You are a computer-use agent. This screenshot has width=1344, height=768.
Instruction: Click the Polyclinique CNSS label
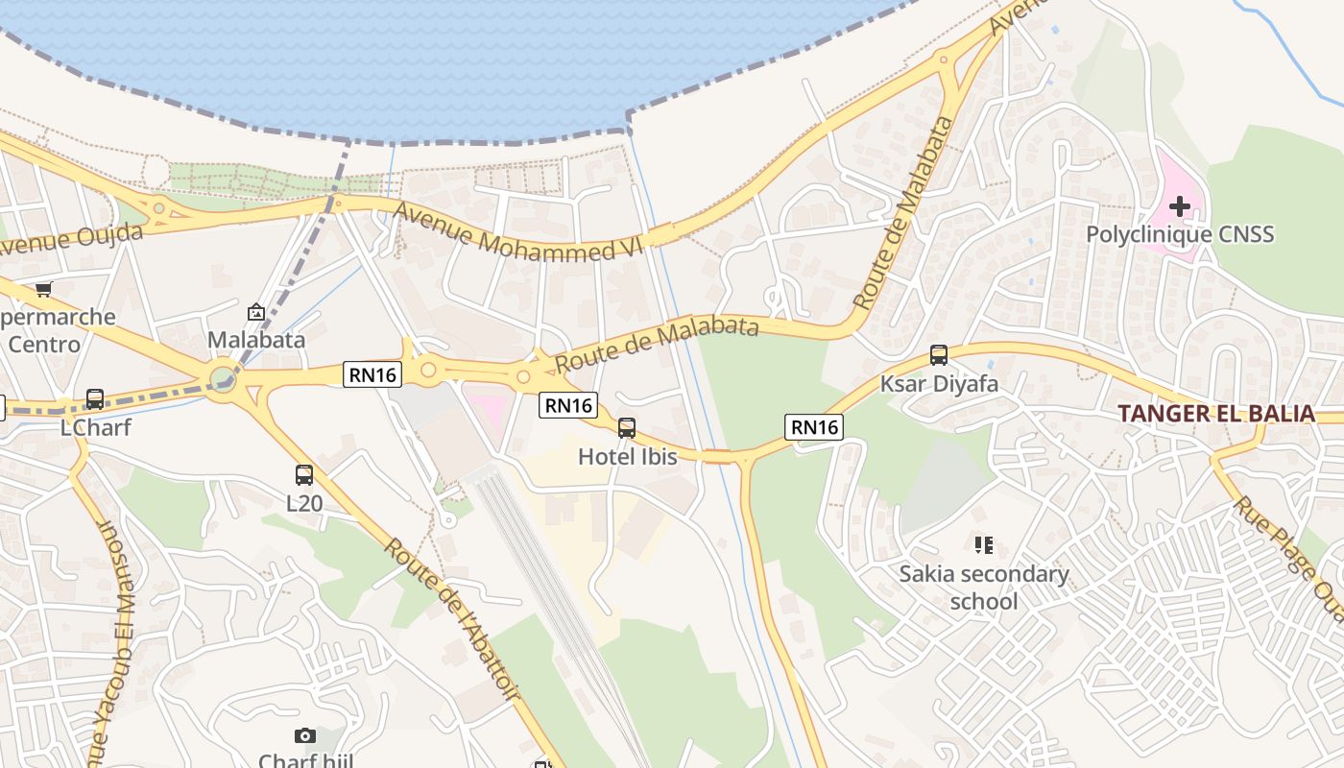(x=1180, y=234)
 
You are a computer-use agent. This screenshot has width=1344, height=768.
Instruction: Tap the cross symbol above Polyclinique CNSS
(x=1180, y=205)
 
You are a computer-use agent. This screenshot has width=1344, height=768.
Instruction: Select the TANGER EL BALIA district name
(x=1216, y=414)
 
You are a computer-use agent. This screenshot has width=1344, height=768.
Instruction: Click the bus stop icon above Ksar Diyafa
(x=939, y=355)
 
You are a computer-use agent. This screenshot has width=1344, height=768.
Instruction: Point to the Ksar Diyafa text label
(x=939, y=384)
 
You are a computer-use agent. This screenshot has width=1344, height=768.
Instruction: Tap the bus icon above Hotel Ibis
(x=627, y=428)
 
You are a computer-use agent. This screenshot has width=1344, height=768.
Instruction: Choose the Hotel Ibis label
(x=627, y=457)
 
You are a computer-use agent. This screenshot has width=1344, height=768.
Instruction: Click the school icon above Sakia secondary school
(x=983, y=545)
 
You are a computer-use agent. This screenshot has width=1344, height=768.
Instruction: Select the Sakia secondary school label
(x=983, y=588)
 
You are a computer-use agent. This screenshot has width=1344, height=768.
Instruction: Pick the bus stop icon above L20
(x=304, y=474)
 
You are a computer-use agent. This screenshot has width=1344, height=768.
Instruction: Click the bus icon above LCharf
(x=94, y=399)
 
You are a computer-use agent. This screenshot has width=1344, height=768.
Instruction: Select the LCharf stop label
(x=94, y=427)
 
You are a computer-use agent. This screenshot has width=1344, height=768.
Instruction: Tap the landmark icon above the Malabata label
(x=256, y=312)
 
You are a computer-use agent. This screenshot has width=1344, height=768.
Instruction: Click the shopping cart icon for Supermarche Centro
(x=43, y=289)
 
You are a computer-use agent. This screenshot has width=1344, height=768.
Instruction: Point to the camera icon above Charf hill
(x=305, y=736)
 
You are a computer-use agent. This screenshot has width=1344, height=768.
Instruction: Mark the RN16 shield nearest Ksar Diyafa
(x=814, y=427)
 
